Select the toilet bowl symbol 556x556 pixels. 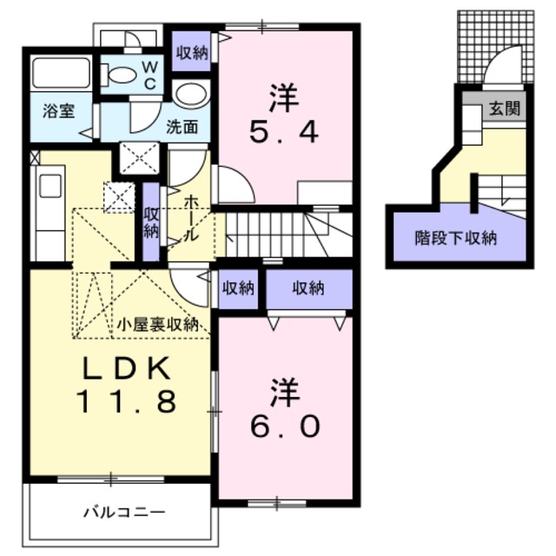[x=122, y=75]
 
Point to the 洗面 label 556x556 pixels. [x=183, y=127]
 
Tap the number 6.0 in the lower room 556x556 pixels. [x=285, y=426]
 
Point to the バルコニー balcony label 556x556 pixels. [x=124, y=510]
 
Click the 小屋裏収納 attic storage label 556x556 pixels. [x=158, y=324]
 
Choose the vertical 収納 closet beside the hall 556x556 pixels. [x=151, y=222]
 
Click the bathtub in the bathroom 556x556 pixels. [x=61, y=76]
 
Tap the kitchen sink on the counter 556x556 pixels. [x=50, y=188]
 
